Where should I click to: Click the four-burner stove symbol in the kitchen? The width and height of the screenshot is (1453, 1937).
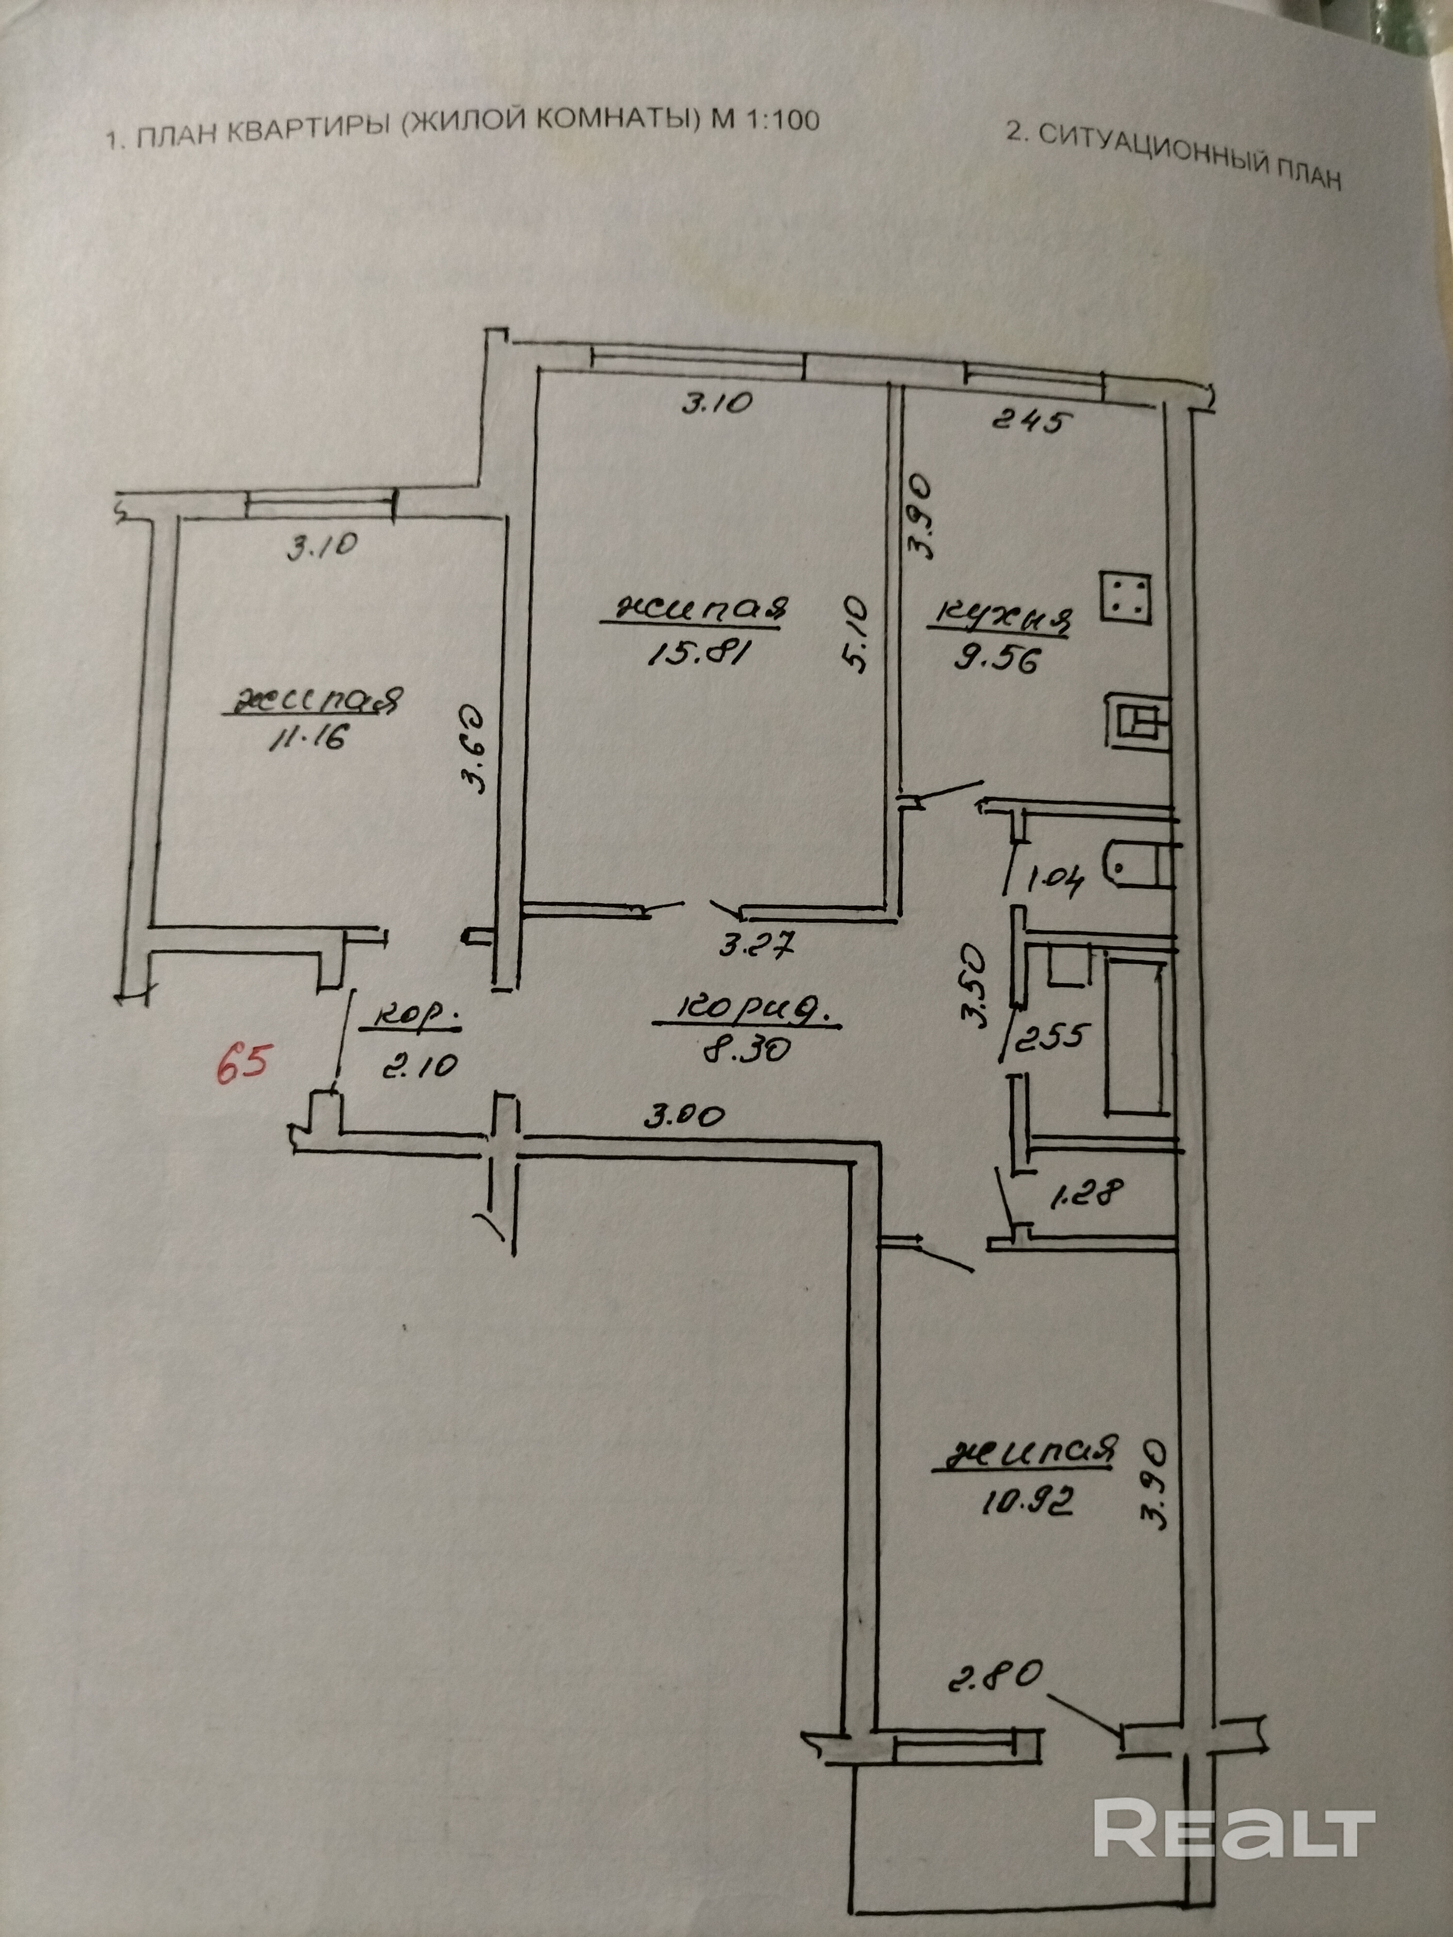coord(1126,598)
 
